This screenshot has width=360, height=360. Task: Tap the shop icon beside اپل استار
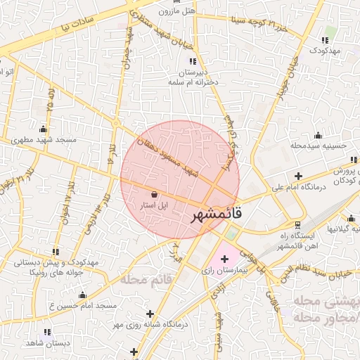coord(155,194)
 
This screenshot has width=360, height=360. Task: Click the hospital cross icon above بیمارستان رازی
coord(224,259)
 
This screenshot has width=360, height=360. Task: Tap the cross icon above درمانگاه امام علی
coord(299,176)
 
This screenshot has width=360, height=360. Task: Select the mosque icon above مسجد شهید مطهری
coord(44,129)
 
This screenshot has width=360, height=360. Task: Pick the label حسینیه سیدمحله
coord(319,146)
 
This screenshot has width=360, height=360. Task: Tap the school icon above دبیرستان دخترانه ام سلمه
coord(193,62)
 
